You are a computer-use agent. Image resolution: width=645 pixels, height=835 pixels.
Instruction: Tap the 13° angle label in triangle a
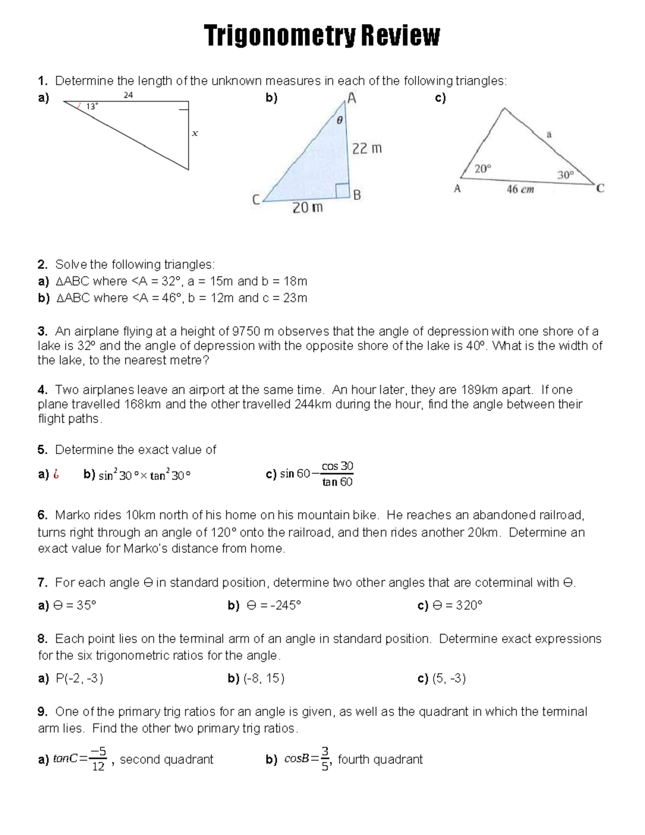(x=92, y=106)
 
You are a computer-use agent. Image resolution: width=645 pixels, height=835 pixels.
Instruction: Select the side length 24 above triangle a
(x=128, y=95)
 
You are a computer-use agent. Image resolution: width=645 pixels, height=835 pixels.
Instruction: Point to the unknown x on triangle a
(x=195, y=133)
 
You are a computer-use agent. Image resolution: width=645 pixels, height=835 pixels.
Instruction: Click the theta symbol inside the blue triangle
(x=339, y=121)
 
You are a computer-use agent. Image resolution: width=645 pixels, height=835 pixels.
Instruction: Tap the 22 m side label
(x=367, y=148)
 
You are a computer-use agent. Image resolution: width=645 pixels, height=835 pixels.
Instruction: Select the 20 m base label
(x=307, y=208)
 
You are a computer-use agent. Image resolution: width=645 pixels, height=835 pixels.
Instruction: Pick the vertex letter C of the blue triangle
(x=256, y=199)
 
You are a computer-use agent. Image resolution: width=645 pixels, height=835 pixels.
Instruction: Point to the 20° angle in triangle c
(x=482, y=169)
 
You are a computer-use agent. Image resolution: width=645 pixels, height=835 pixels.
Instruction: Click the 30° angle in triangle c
(x=565, y=175)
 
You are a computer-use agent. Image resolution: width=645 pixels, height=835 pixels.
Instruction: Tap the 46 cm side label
(x=520, y=189)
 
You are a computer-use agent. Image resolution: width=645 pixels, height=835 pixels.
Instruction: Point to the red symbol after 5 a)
(x=56, y=474)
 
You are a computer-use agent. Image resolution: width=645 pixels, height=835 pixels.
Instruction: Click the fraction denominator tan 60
(x=337, y=482)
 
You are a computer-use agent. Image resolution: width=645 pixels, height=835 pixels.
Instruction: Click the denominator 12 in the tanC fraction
(x=98, y=767)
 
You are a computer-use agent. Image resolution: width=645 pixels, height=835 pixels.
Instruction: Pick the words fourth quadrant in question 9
(x=380, y=759)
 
